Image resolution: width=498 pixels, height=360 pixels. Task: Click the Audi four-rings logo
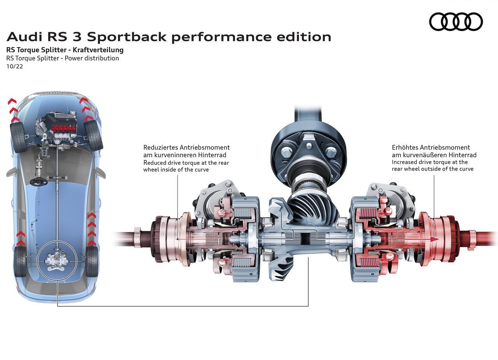(456, 21)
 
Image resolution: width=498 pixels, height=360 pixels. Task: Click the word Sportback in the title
(127, 37)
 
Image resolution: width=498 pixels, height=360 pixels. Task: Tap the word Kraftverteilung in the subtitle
(98, 50)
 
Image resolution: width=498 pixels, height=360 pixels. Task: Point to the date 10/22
(15, 67)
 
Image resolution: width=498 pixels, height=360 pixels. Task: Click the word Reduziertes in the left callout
(160, 148)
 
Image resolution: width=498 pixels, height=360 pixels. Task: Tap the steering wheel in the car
(39, 182)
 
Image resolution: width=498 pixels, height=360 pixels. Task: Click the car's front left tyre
(18, 137)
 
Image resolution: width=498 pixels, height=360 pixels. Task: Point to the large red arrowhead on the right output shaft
(434, 239)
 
